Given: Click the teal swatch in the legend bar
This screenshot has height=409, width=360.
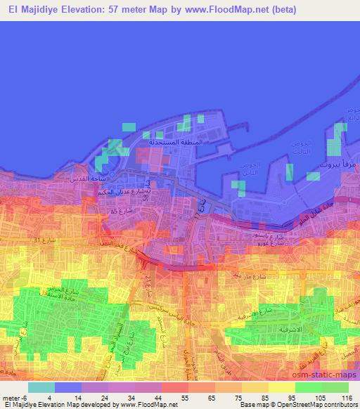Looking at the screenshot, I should pos(41,387).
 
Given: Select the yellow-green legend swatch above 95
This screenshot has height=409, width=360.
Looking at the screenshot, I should pos(281,387).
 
